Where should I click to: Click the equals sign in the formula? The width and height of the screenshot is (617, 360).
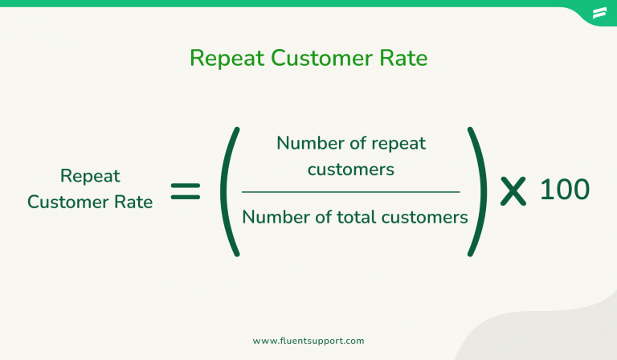click(x=186, y=191)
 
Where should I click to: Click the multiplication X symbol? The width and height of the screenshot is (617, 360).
click(x=513, y=191)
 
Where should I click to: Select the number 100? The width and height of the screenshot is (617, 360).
click(x=564, y=190)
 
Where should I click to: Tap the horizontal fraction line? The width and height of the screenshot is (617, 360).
click(x=351, y=192)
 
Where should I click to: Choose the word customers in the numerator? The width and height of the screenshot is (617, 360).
click(x=351, y=169)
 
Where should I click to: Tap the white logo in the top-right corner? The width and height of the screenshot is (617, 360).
click(x=599, y=13)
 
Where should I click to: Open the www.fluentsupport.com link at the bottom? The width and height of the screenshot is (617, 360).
click(x=309, y=341)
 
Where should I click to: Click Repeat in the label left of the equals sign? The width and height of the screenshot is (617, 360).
click(x=90, y=176)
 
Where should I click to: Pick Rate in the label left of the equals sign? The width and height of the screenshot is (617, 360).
click(x=134, y=202)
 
